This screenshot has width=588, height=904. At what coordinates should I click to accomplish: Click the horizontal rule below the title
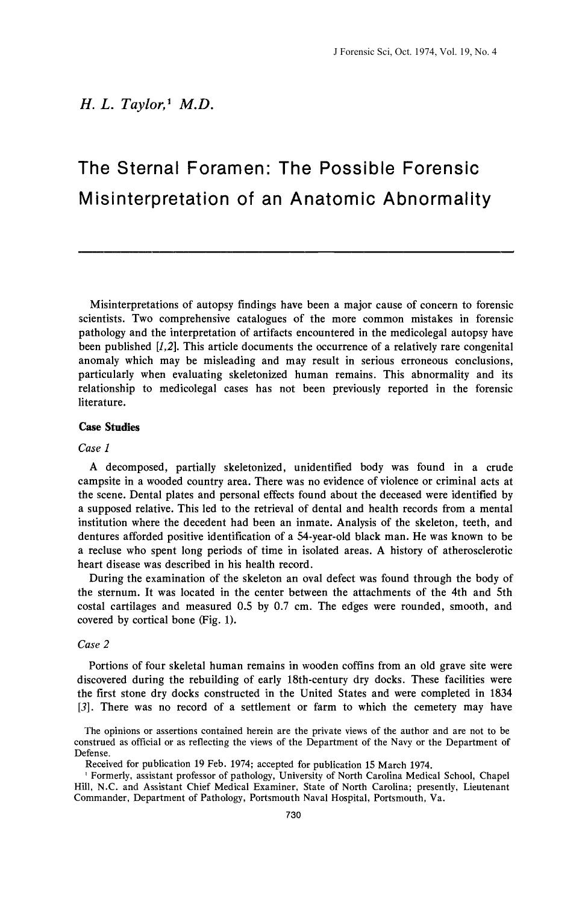(x=296, y=251)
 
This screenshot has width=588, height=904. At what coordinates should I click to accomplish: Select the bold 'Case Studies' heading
(x=109, y=427)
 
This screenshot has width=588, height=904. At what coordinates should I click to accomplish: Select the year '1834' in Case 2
(x=499, y=693)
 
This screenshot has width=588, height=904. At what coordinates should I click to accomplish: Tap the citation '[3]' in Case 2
(x=86, y=707)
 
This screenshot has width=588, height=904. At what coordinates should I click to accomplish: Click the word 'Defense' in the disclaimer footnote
(x=92, y=753)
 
